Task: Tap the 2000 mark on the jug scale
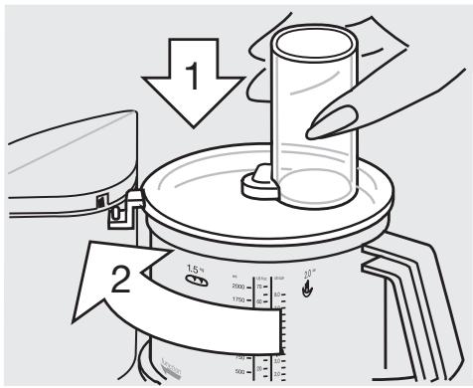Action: (x=236, y=285)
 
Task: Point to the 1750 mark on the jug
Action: (x=235, y=299)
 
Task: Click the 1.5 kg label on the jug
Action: (x=195, y=268)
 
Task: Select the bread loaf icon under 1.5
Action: (x=198, y=282)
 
